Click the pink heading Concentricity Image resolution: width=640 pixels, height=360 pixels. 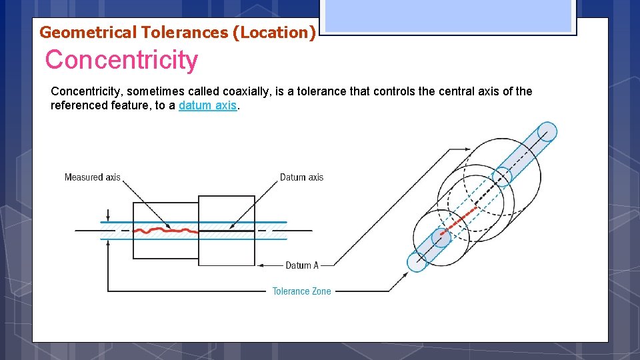[x=121, y=60]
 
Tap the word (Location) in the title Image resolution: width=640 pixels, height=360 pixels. [x=273, y=32]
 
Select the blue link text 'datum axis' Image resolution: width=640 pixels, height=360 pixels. [x=207, y=105]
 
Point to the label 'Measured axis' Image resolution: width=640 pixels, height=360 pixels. [x=92, y=177]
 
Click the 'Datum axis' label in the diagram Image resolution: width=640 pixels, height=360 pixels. [x=301, y=177]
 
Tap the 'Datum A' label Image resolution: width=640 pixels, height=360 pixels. [x=301, y=265]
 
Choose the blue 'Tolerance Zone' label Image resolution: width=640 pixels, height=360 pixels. [x=301, y=291]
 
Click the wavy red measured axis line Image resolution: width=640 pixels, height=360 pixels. [x=165, y=231]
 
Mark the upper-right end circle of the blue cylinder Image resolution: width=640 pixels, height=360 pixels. [x=547, y=132]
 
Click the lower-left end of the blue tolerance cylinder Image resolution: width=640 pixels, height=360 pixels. [x=417, y=261]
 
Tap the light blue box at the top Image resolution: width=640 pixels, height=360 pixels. [x=448, y=15]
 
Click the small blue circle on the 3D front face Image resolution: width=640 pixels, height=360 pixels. [x=441, y=237]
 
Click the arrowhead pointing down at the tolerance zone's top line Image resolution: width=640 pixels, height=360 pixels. [x=108, y=218]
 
